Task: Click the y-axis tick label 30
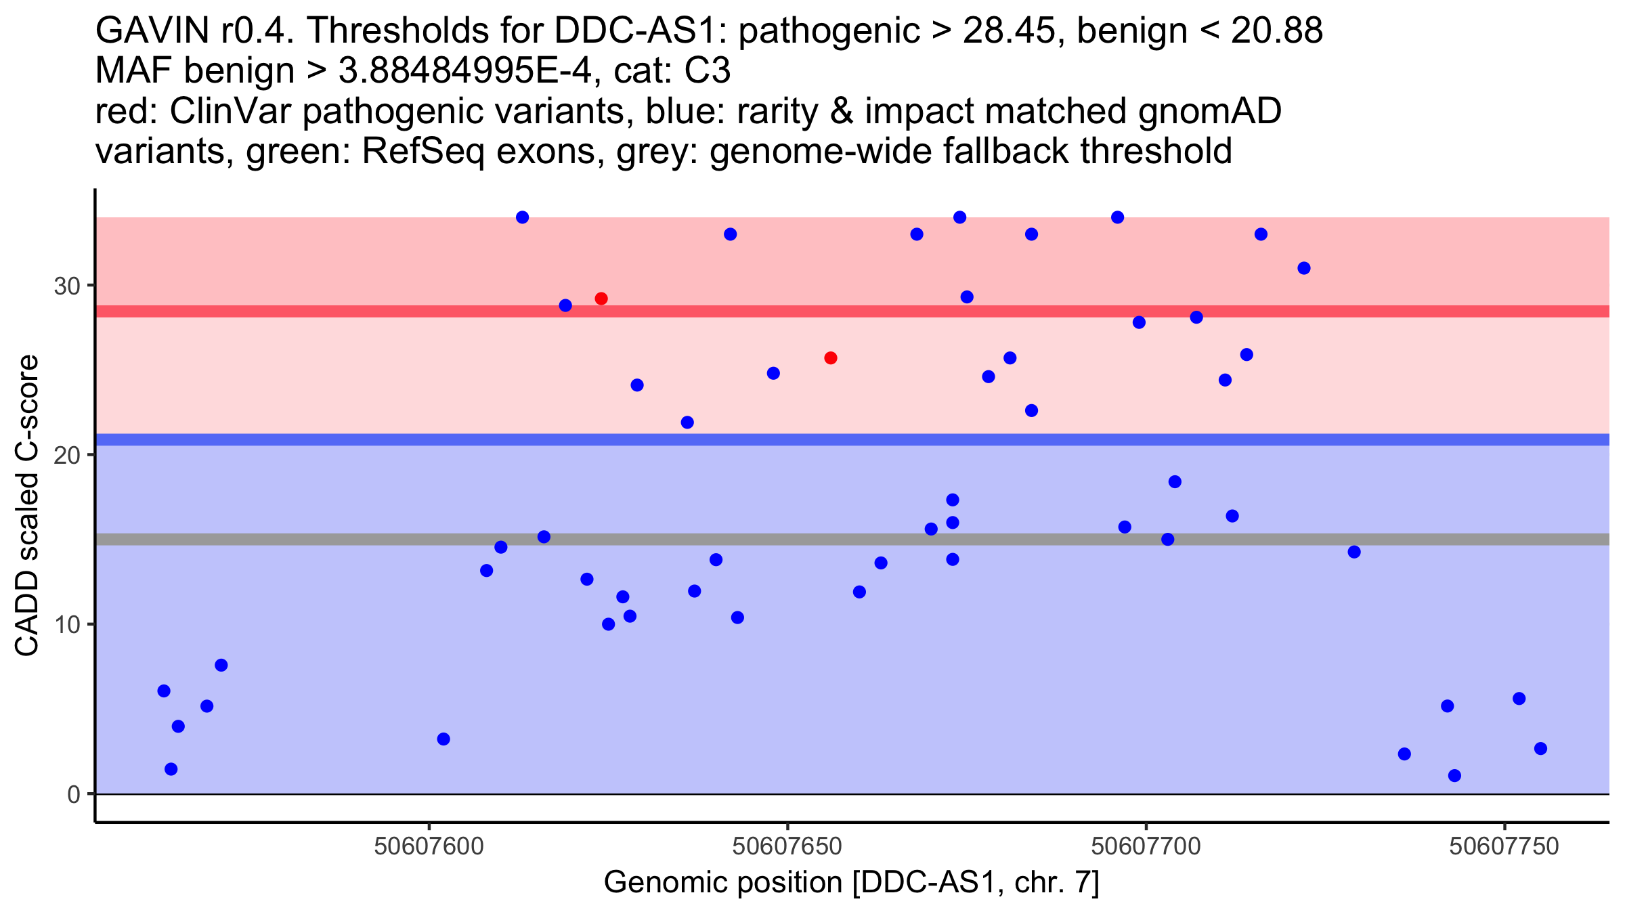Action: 67,286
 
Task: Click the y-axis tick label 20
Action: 67,455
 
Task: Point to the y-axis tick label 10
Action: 67,624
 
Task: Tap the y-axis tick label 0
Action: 74,794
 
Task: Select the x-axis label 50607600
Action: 429,846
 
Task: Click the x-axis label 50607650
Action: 787,846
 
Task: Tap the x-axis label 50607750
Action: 1504,846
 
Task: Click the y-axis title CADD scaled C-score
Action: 27,506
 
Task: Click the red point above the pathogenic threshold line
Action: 601,299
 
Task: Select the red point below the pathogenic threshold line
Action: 831,357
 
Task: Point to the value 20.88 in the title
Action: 1277,31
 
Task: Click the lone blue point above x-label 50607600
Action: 443,739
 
